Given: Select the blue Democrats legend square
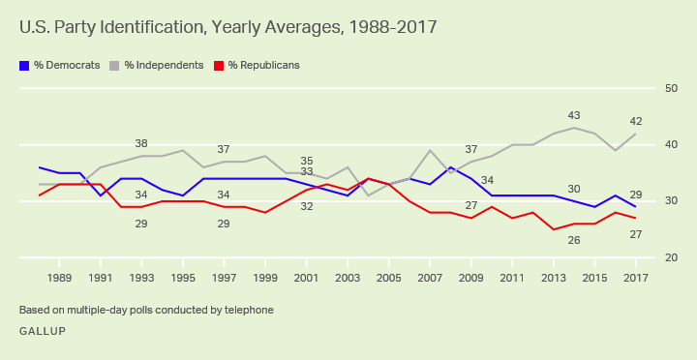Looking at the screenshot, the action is [24, 66].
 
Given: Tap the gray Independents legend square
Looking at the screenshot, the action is [114, 66].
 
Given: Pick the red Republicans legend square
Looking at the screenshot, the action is [219, 66].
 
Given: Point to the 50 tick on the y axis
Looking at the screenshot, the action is [671, 88].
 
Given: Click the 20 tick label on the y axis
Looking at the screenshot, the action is [671, 257].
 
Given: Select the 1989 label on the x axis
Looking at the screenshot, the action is [59, 278].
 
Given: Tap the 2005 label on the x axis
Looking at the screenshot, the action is [389, 278].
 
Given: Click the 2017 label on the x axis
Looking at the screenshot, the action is [636, 278].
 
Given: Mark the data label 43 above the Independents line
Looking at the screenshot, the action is [574, 115].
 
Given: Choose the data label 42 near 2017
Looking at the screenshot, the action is [636, 121].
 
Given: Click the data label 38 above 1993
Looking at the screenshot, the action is [141, 143].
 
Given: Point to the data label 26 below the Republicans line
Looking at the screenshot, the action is [574, 240].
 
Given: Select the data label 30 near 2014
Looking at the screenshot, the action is [574, 189].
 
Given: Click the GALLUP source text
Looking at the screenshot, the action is [43, 331].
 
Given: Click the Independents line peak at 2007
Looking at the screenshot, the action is [430, 150].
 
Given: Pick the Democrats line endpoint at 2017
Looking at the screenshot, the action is [636, 207].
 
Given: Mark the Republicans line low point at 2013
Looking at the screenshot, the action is [554, 229].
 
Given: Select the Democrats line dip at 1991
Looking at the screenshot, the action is [101, 195].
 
